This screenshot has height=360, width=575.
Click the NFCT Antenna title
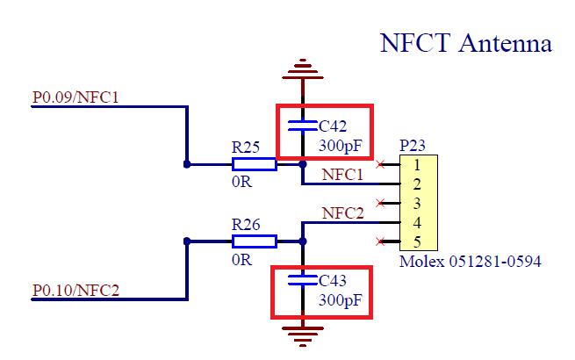click(465, 43)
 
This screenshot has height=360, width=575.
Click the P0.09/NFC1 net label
click(75, 97)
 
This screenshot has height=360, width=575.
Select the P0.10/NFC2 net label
click(75, 291)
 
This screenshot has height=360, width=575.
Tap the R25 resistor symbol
click(255, 164)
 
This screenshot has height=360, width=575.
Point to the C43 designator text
click(334, 282)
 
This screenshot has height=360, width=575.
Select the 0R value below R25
click(241, 183)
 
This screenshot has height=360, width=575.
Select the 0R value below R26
click(241, 260)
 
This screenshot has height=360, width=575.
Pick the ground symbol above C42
click(303, 67)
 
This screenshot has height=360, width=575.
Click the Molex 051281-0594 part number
click(470, 262)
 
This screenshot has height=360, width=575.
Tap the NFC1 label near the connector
click(342, 175)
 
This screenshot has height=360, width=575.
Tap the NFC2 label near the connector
click(342, 212)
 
